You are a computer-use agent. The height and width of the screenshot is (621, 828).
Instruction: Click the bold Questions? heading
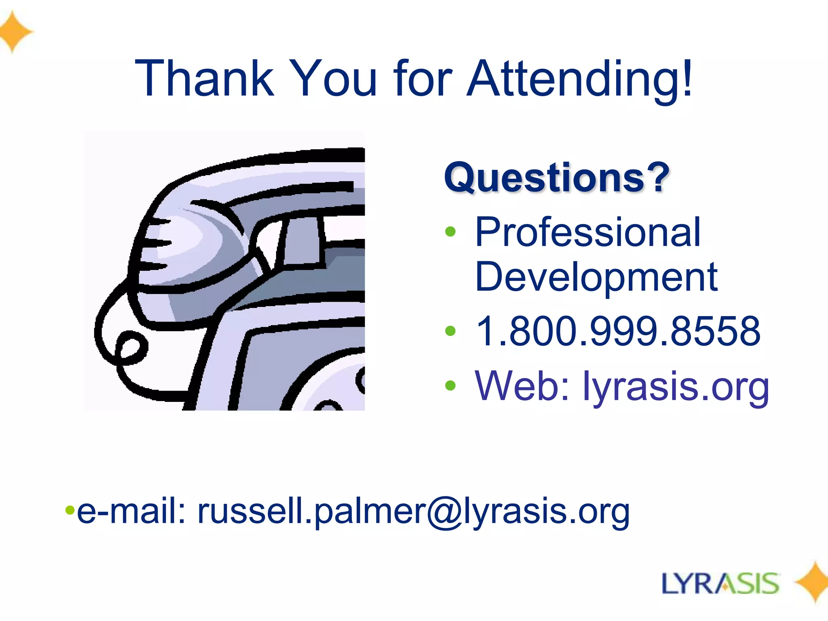pos(556,177)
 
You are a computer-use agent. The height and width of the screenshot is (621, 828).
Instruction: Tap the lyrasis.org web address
pos(675,386)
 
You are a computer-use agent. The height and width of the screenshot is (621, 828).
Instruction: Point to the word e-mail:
pos(131,511)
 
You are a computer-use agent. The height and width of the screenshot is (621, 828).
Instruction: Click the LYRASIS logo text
pos(720,584)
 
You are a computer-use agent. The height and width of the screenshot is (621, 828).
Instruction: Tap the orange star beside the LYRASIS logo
pos(813,582)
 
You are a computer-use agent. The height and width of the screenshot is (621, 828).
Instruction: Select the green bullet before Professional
pos(450,232)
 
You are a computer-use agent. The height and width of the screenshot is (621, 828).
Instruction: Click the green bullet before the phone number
pos(450,331)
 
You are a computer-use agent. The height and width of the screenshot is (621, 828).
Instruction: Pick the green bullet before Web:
pos(450,386)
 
